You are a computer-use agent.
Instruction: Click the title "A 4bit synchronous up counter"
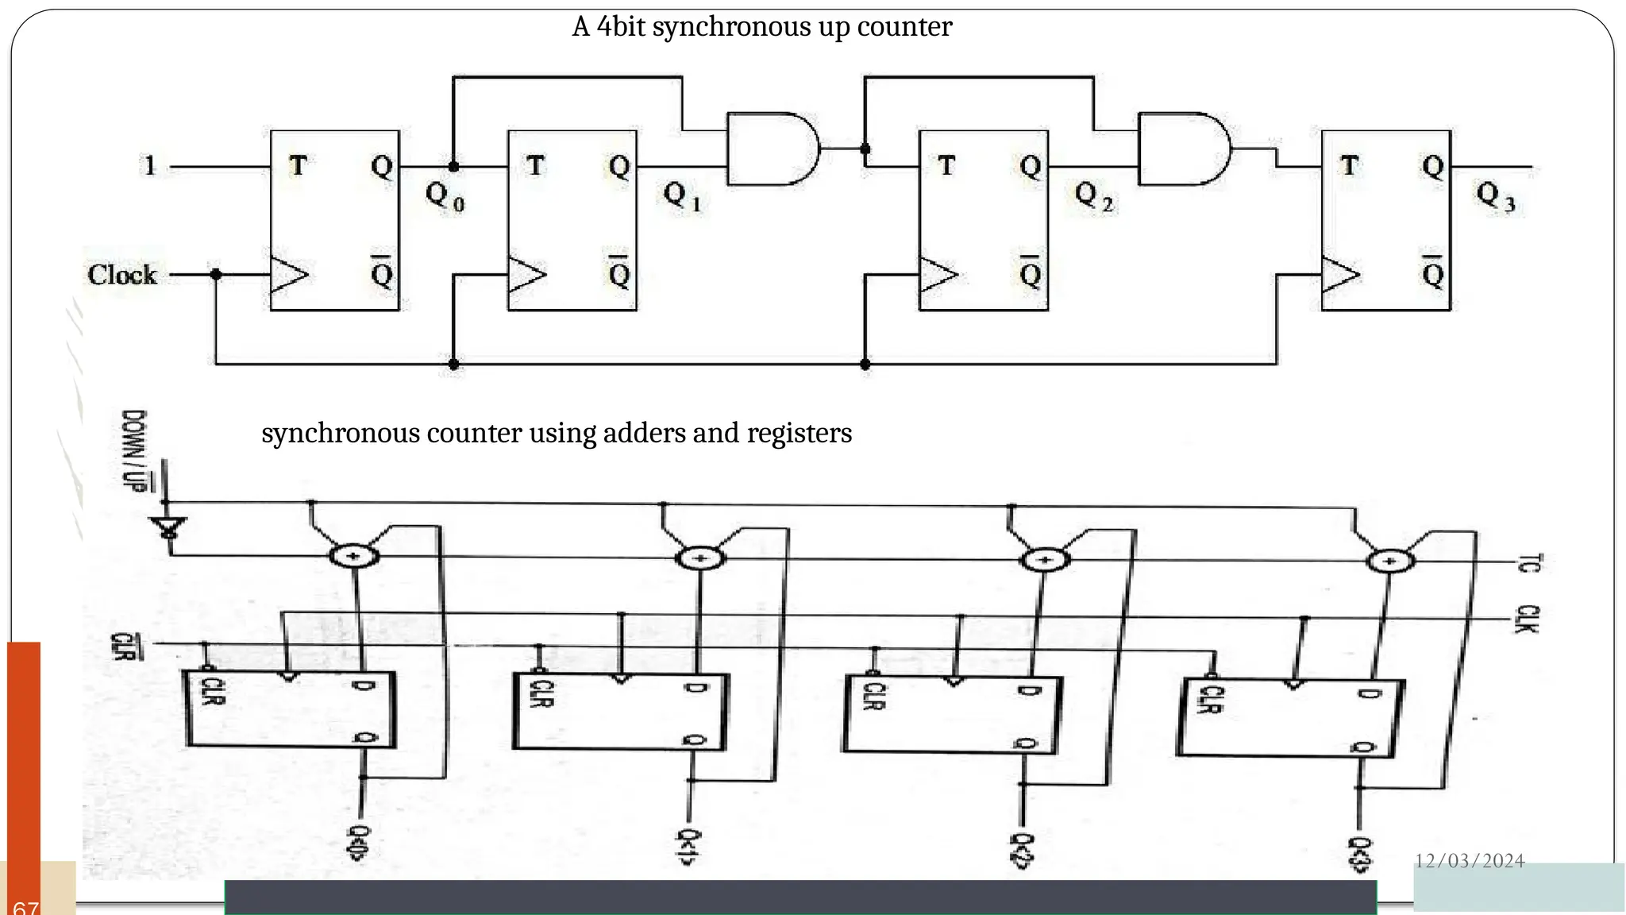click(x=761, y=27)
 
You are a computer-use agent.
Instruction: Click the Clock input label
click(x=121, y=275)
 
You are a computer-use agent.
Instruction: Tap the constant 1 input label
click(x=149, y=166)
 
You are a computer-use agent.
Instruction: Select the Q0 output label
click(x=445, y=195)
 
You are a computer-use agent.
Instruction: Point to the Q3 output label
click(x=1495, y=195)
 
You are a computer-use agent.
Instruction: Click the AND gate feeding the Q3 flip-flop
click(x=1183, y=149)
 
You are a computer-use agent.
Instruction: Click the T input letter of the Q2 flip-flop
click(x=946, y=166)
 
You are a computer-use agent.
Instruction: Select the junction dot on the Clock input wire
click(x=216, y=275)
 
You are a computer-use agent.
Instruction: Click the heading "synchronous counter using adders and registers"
click(x=556, y=433)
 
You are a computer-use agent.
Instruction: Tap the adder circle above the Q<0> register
click(x=354, y=555)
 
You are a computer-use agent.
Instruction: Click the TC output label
click(x=1528, y=563)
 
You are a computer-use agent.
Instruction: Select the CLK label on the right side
click(x=1528, y=619)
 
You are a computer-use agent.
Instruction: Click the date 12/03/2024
click(x=1470, y=861)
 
